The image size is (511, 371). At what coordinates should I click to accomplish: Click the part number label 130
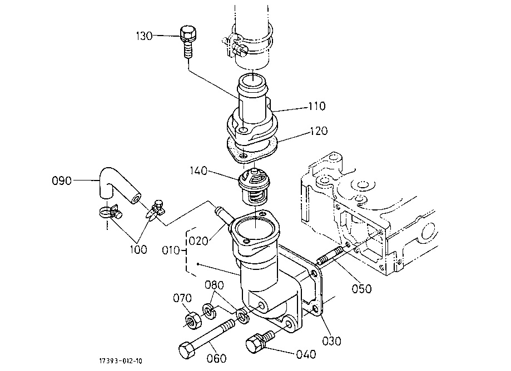(145, 36)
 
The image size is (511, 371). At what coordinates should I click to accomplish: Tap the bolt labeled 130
(187, 42)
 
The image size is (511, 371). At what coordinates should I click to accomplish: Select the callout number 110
(317, 107)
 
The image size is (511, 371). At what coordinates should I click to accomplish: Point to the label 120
(319, 131)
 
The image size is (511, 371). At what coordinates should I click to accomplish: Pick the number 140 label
(199, 171)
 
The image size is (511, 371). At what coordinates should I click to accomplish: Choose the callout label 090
(62, 181)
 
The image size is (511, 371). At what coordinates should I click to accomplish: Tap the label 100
(138, 249)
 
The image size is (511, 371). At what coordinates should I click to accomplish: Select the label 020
(199, 241)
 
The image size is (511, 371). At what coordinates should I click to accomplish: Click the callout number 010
(171, 250)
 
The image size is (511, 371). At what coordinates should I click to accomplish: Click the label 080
(214, 285)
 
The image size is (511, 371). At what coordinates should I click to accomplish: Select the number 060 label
(216, 359)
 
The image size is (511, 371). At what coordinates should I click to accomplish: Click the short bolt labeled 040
(260, 341)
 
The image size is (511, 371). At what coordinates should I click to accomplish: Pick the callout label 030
(332, 341)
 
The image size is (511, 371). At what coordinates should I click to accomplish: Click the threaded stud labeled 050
(330, 255)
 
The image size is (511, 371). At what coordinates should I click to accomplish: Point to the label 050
(362, 289)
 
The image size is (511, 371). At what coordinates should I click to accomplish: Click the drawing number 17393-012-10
(121, 361)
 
